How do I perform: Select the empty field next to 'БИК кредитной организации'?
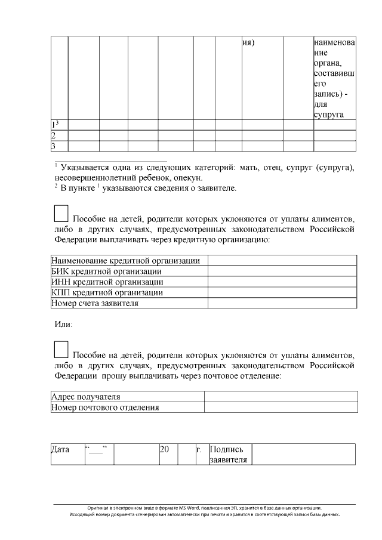click(282, 271)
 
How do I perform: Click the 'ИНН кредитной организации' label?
click(107, 282)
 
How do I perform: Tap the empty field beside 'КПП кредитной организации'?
click(282, 292)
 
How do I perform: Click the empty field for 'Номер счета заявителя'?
click(282, 303)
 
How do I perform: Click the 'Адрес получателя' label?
click(86, 397)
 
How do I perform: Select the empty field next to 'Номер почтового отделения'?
click(281, 408)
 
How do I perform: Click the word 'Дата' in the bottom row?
click(60, 449)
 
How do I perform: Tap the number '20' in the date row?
click(165, 449)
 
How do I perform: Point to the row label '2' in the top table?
click(53, 135)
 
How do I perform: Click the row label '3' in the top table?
click(53, 146)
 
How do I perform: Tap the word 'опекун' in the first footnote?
click(189, 178)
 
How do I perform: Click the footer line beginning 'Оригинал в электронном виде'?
click(205, 507)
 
